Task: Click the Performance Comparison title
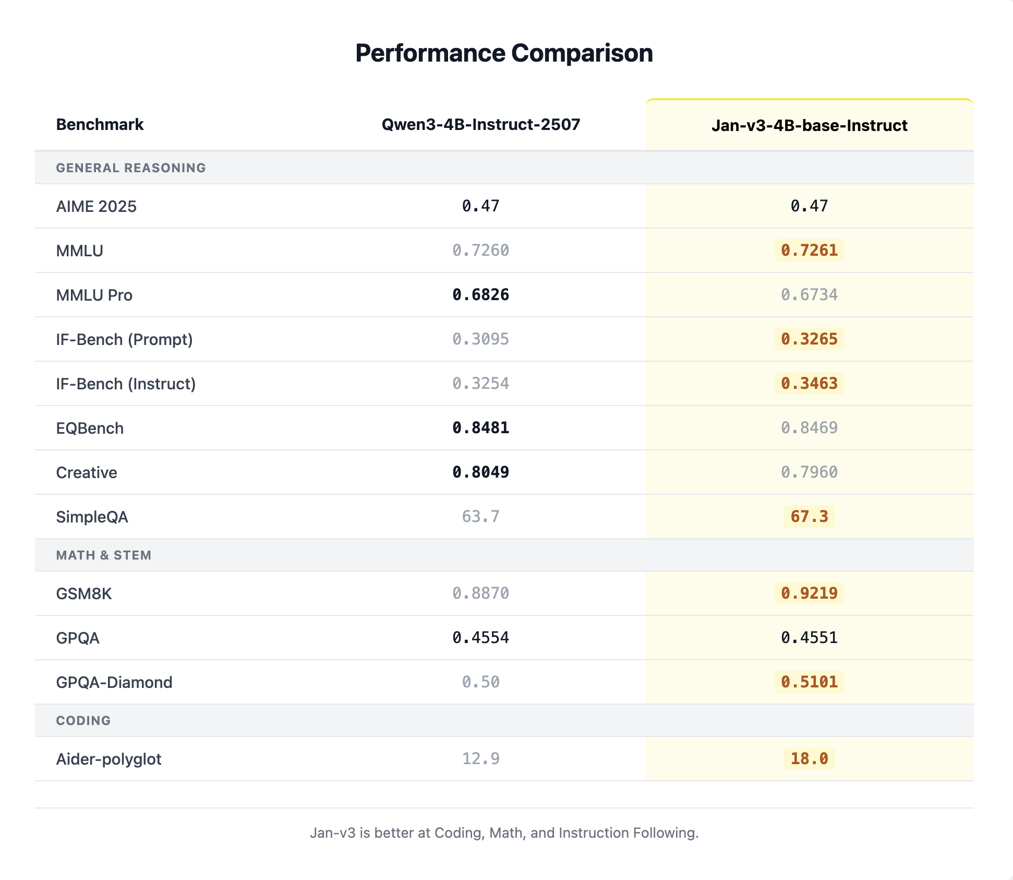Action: [x=504, y=53]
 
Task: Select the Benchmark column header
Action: [x=100, y=125]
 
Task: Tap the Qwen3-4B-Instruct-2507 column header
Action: [x=480, y=125]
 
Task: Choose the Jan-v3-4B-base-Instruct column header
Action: [x=809, y=126]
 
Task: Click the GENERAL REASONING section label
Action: [x=131, y=168]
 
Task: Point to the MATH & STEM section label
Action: [x=103, y=555]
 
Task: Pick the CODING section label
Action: [x=83, y=721]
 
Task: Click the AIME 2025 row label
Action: [x=96, y=207]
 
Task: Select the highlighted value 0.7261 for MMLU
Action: [x=809, y=251]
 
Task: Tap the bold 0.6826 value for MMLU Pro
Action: [x=480, y=295]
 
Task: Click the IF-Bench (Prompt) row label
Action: [x=124, y=340]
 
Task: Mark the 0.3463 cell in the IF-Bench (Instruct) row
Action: [x=809, y=384]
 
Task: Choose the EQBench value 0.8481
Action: [x=480, y=428]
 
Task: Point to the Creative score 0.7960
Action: [x=809, y=472]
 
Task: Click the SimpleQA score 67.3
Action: [x=809, y=517]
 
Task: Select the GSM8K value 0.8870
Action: [x=480, y=593]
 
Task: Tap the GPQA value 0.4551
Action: [x=809, y=638]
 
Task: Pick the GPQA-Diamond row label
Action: [x=114, y=683]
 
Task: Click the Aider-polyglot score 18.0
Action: [x=809, y=759]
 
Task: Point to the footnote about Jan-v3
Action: [x=504, y=833]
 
